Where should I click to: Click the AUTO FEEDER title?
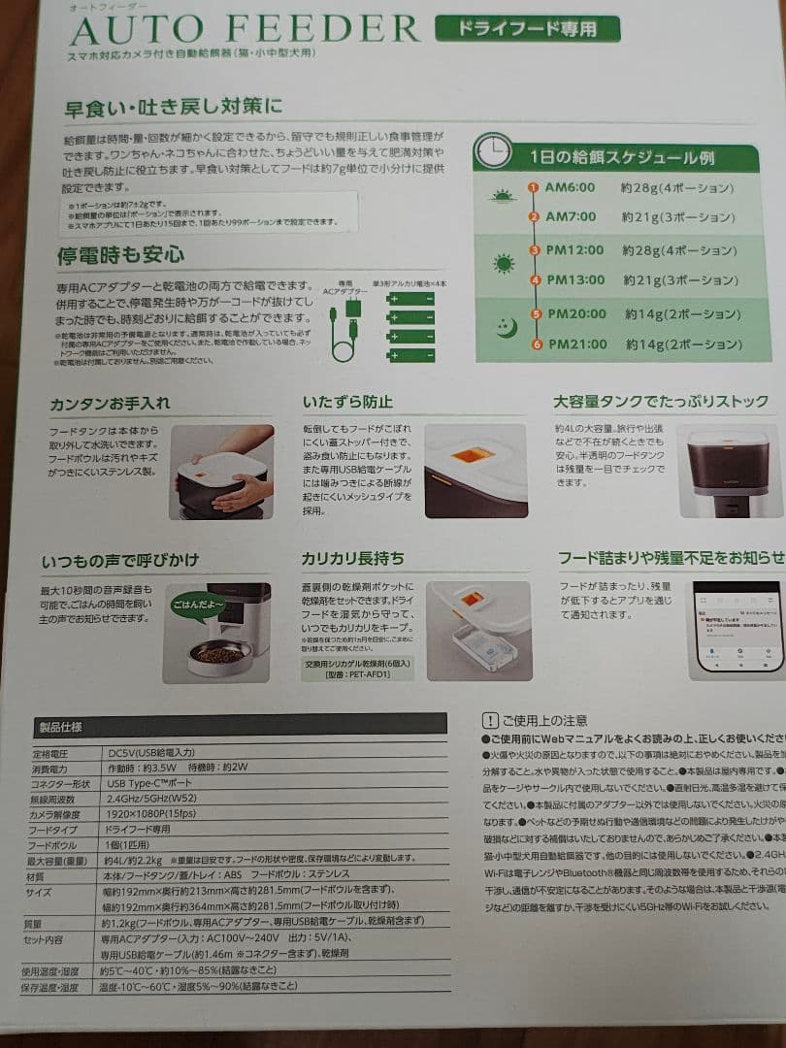(x=245, y=30)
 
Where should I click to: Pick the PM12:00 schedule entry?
(x=574, y=250)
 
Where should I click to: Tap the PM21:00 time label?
(x=577, y=344)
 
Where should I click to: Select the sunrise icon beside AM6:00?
(x=503, y=197)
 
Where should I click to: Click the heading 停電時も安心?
(x=120, y=255)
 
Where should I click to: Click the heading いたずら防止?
(x=348, y=402)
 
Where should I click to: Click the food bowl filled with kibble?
(x=219, y=656)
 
